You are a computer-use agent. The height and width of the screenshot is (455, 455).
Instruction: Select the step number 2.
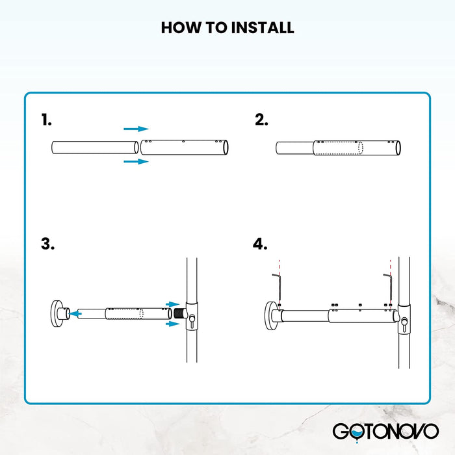pyautogui.click(x=261, y=120)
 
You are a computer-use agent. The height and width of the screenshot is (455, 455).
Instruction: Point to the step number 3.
pyautogui.click(x=47, y=244)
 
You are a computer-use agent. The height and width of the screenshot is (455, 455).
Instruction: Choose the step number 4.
pyautogui.click(x=260, y=244)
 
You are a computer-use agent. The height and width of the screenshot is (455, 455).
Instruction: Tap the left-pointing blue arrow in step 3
pyautogui.click(x=76, y=313)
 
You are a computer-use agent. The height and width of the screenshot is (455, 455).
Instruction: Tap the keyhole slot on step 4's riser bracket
pyautogui.click(x=404, y=321)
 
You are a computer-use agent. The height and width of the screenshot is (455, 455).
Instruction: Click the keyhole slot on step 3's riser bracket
pyautogui.click(x=192, y=317)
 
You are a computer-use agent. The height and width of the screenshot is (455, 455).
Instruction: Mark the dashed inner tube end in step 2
pyautogui.click(x=361, y=148)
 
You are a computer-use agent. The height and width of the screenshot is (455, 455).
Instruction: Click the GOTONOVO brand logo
pyautogui.click(x=385, y=430)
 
